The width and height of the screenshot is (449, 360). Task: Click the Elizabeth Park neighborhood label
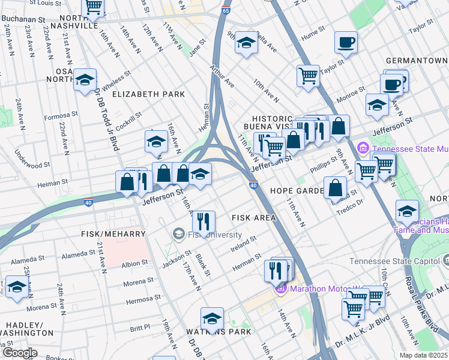point(148,94)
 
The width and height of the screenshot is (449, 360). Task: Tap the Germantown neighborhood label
point(417,61)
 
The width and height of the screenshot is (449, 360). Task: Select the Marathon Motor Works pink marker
point(279,289)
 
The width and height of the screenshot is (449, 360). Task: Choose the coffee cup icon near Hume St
point(346,41)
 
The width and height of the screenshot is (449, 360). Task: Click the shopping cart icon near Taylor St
point(308,76)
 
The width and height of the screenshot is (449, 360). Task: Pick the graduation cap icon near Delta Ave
point(246,42)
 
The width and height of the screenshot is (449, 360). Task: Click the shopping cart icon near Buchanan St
point(93,6)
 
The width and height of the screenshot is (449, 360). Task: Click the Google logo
point(20,353)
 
